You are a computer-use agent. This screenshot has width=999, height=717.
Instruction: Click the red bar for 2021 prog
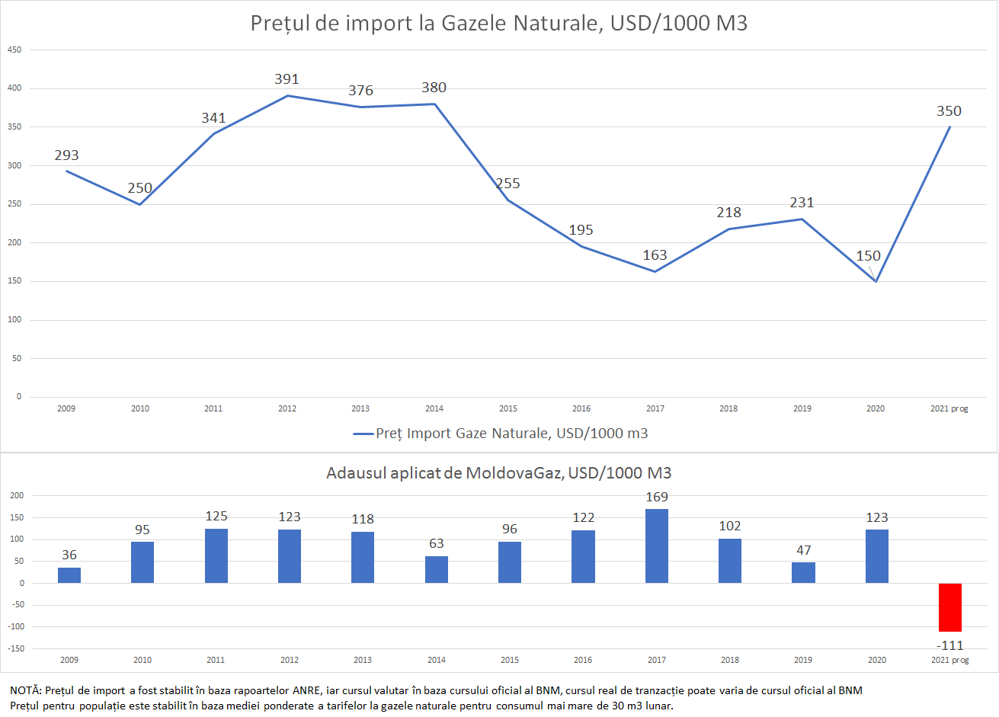click(x=949, y=607)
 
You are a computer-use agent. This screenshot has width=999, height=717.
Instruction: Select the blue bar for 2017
click(x=656, y=546)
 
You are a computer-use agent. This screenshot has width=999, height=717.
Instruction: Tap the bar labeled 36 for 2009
click(x=69, y=575)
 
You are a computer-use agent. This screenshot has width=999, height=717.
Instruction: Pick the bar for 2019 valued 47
click(x=803, y=573)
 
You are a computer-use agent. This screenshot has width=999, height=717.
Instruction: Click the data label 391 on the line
click(x=287, y=79)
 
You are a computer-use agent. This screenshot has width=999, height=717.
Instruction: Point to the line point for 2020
click(x=876, y=281)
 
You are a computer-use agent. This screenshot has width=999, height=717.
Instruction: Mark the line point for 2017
click(x=655, y=271)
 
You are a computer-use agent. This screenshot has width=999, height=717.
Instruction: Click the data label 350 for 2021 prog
click(x=949, y=111)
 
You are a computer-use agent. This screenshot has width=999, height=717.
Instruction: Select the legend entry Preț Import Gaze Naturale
click(x=501, y=434)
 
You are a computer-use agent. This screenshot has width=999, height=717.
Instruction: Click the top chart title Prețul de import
click(x=499, y=23)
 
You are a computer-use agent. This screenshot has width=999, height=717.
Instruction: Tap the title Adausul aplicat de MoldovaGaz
click(x=499, y=473)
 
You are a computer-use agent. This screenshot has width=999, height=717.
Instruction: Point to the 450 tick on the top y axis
click(x=14, y=50)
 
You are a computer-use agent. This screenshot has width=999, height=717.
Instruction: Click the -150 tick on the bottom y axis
click(x=17, y=648)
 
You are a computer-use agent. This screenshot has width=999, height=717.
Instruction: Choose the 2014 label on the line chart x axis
click(x=434, y=408)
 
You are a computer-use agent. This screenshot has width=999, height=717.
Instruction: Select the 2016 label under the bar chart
click(x=583, y=660)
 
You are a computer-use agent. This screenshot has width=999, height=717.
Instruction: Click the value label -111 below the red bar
click(x=949, y=645)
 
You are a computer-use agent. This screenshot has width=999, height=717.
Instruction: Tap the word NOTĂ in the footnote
click(x=25, y=690)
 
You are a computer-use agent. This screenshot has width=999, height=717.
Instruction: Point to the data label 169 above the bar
click(x=657, y=497)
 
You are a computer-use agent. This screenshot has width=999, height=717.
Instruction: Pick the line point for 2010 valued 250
click(x=139, y=204)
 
